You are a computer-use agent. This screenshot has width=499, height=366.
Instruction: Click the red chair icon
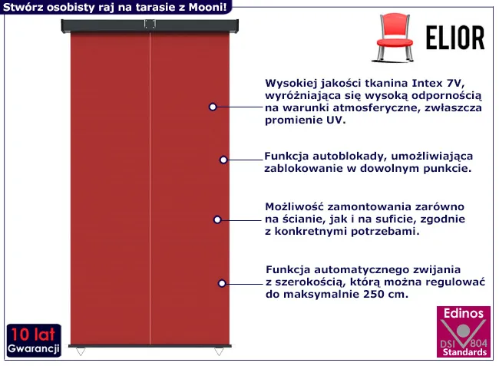[x=394, y=38]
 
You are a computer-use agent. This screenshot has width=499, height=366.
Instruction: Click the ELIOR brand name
[x=455, y=38]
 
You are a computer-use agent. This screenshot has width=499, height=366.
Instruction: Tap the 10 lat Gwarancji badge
[x=34, y=340]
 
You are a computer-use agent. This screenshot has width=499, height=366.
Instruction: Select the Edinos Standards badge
[x=464, y=331]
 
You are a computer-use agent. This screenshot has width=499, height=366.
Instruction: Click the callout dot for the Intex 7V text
[x=213, y=107]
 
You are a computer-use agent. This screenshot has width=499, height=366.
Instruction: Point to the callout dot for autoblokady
[x=223, y=160]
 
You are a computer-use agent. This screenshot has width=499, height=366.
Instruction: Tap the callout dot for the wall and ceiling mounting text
[x=217, y=219]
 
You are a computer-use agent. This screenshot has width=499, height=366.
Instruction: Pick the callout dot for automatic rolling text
[x=222, y=283]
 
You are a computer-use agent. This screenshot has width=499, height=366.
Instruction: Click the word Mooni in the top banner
[x=207, y=7]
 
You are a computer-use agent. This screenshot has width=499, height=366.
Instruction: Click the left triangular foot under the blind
[x=81, y=351]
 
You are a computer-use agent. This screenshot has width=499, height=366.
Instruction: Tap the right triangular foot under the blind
[x=219, y=351]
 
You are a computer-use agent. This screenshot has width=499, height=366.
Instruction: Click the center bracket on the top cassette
[x=150, y=24]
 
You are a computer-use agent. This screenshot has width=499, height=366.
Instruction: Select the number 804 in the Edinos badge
[x=478, y=343]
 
